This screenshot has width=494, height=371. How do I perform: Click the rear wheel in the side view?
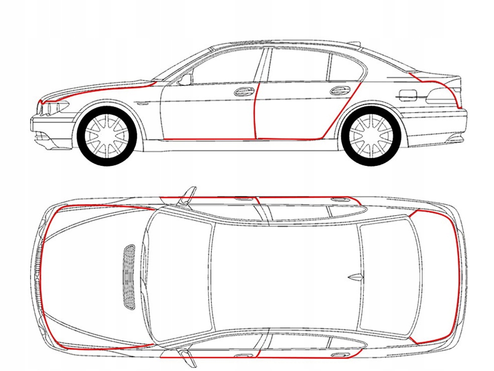(370, 135)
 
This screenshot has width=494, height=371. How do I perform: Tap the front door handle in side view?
(244, 91)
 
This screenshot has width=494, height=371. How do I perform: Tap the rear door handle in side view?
(340, 90)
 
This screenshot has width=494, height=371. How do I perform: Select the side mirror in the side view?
(185, 79)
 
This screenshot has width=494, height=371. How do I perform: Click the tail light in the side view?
(442, 96)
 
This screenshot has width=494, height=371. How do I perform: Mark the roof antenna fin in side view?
(353, 44)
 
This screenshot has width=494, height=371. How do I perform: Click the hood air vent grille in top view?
(129, 276)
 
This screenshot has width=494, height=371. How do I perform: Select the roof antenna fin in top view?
(355, 276)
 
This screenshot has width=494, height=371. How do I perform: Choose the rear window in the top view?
(390, 276)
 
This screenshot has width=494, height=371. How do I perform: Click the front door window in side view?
(228, 67)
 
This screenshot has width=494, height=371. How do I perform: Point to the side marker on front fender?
(142, 103)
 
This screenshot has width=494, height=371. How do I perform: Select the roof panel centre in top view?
(284, 276)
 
